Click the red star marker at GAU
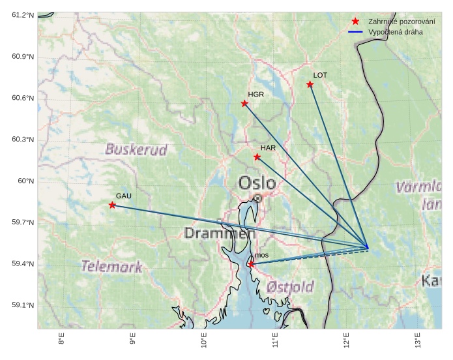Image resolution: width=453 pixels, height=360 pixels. point(112,205)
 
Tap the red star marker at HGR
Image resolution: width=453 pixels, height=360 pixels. point(244,104)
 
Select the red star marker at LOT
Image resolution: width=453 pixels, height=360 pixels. point(310,84)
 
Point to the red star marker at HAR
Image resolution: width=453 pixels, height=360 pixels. point(257,157)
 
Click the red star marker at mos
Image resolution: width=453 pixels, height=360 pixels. point(251,264)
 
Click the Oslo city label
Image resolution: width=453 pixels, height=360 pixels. point(257,183)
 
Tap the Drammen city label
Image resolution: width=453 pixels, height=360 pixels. point(219,233)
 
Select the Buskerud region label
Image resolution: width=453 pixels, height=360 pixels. point(136,149)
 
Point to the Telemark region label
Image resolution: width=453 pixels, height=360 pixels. point(111,266)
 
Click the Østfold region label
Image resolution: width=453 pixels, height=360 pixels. point(290,287)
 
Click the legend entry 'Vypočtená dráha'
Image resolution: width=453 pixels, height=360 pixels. point(395,31)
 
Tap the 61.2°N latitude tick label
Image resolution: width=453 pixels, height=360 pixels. point(23,15)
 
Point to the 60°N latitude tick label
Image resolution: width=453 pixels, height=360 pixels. point(26,181)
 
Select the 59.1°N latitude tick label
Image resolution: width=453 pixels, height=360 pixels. point(23,305)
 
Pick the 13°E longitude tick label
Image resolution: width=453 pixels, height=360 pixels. point(417,340)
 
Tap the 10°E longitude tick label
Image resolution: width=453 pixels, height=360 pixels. point(204,340)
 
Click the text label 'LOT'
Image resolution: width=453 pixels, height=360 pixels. point(320,75)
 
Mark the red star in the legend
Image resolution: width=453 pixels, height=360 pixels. point(355,22)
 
